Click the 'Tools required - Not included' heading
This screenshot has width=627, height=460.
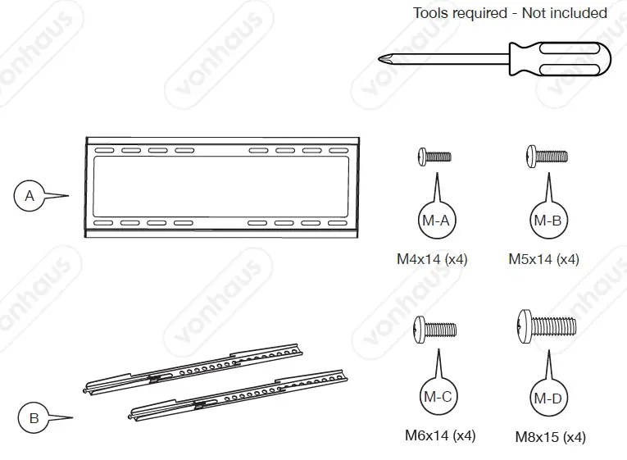coord(510,13)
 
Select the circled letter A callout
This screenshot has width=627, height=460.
coord(30,196)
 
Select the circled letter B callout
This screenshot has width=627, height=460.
coord(34,419)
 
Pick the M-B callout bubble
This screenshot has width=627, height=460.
coord(547,219)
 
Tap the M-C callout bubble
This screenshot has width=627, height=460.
coord(437,396)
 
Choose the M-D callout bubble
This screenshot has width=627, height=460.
coord(547,399)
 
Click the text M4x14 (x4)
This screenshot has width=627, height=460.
coord(432,259)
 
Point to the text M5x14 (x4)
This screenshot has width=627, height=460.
coord(543,259)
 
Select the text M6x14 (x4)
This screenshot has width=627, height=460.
coord(440,435)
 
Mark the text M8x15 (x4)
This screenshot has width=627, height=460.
coord(550,437)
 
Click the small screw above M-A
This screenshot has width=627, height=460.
coord(434,156)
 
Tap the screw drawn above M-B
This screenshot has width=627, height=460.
coord(545,154)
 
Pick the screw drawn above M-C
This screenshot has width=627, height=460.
coord(435,329)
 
